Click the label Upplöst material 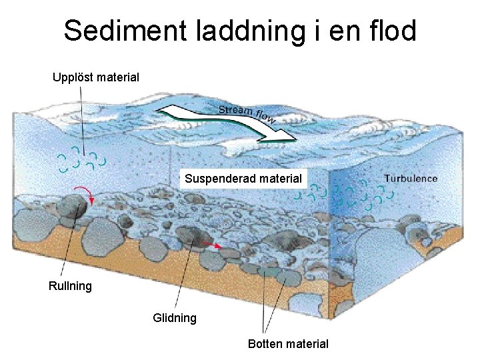(96, 77)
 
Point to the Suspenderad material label (243, 179)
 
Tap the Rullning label (70, 286)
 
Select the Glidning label (175, 318)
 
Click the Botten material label (288, 344)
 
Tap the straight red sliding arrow (213, 246)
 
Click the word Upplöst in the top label (73, 77)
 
